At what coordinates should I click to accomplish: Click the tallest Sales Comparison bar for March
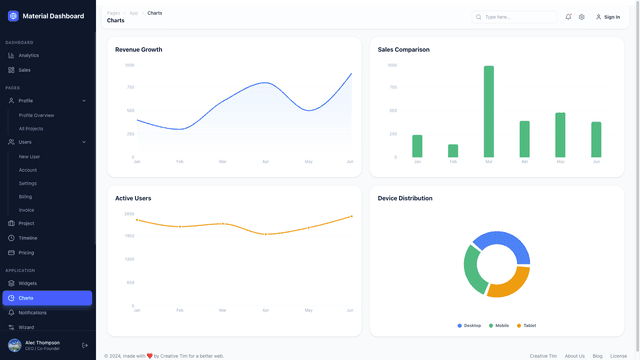click(x=489, y=111)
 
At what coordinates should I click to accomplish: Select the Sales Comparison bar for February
click(x=453, y=151)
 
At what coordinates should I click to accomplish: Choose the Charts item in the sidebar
click(x=26, y=298)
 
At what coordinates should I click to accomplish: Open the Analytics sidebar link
click(x=28, y=55)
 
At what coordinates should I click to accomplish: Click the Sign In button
click(x=608, y=17)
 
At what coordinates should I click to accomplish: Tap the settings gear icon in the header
click(x=582, y=17)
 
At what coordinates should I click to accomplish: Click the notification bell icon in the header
click(x=569, y=17)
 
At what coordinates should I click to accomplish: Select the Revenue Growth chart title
click(x=138, y=49)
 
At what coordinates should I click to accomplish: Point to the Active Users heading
click(x=133, y=198)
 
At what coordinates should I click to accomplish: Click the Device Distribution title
click(x=405, y=198)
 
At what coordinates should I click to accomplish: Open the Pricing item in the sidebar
click(x=26, y=252)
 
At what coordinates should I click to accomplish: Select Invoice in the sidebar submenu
click(x=27, y=210)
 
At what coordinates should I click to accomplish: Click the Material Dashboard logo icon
click(x=13, y=16)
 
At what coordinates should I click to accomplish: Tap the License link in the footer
click(x=618, y=355)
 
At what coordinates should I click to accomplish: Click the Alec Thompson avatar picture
click(x=14, y=345)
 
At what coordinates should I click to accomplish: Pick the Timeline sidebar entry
click(x=28, y=238)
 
